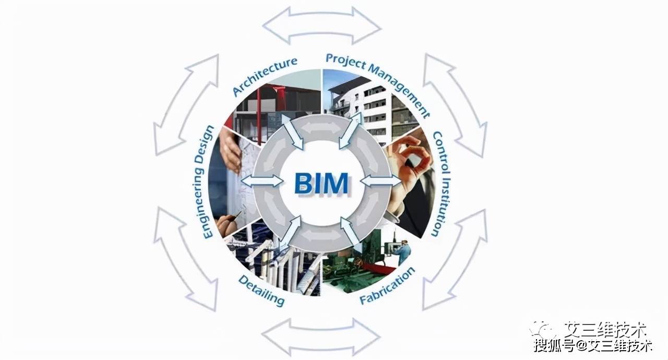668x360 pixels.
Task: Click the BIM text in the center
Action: click(321, 183)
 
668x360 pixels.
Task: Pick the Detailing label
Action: click(261, 290)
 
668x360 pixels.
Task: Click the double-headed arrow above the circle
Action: click(321, 25)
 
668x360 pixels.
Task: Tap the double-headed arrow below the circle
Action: click(321, 336)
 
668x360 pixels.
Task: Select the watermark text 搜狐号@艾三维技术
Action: click(592, 345)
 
